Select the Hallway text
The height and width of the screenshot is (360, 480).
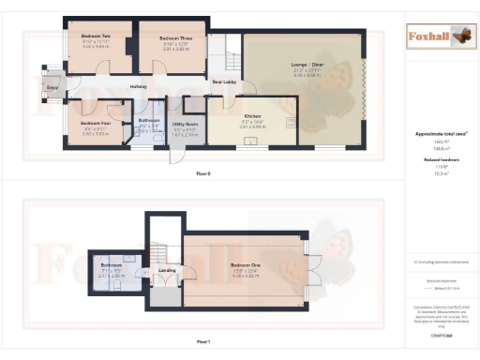(x=138, y=86)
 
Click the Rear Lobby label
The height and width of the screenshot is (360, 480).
(x=222, y=82)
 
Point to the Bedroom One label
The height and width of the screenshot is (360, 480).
(x=245, y=265)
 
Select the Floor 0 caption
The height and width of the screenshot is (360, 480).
(x=203, y=174)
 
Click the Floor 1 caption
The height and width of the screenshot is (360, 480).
(x=203, y=343)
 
